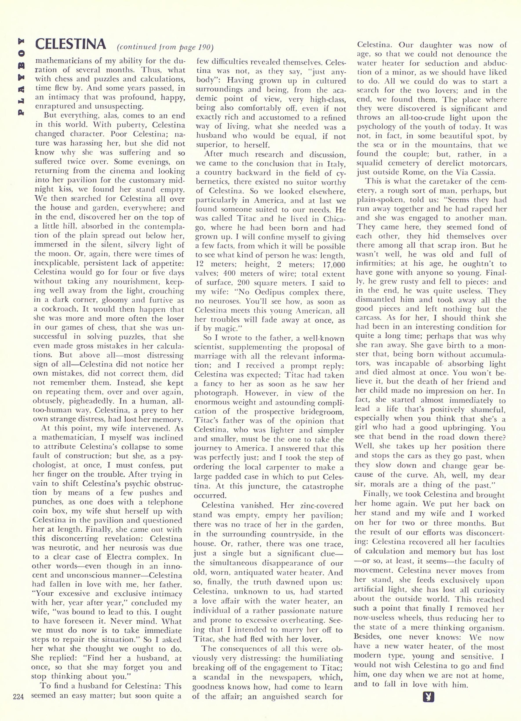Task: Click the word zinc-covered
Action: click(314, 505)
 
